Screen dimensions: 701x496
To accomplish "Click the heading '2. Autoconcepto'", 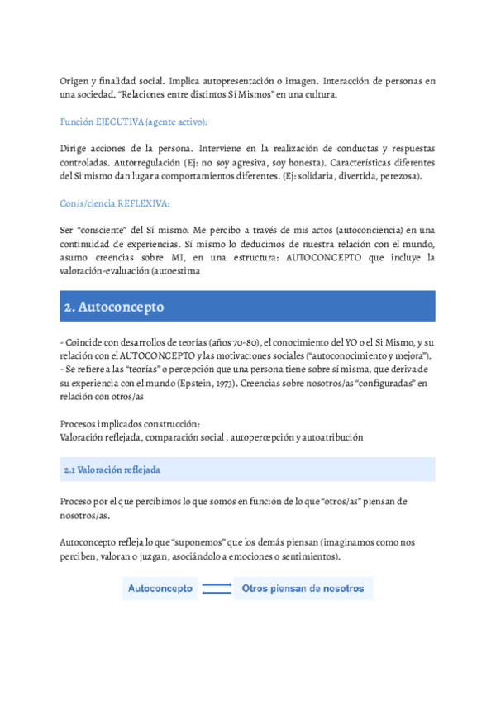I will pyautogui.click(x=114, y=307).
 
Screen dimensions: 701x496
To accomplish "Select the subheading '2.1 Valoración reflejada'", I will pyautogui.click(x=112, y=470).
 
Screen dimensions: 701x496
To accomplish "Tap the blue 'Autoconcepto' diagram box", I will pyautogui.click(x=160, y=589).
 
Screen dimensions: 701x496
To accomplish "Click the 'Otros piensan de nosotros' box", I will pyautogui.click(x=303, y=589).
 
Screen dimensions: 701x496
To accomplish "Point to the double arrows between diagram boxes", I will pyautogui.click(x=217, y=589).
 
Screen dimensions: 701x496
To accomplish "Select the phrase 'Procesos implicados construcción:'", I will pyautogui.click(x=130, y=423).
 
